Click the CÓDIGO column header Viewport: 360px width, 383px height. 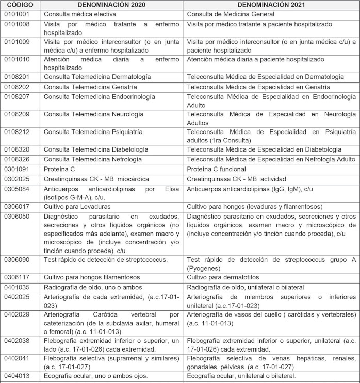[19, 5]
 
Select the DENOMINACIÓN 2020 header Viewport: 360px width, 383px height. [112, 5]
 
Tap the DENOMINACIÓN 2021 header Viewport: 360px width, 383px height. [271, 5]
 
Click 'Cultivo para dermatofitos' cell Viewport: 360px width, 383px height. [224, 277]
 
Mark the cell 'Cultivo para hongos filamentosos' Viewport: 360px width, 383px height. [91, 277]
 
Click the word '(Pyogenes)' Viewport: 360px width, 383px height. [204, 268]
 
